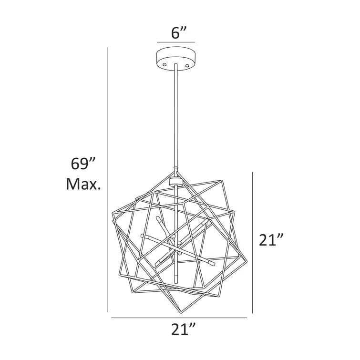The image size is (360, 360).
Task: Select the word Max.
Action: coord(83,185)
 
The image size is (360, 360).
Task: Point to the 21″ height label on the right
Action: coord(268,240)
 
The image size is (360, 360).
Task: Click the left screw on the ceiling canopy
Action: coord(164,62)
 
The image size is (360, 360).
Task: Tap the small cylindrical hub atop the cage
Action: coord(176,180)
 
